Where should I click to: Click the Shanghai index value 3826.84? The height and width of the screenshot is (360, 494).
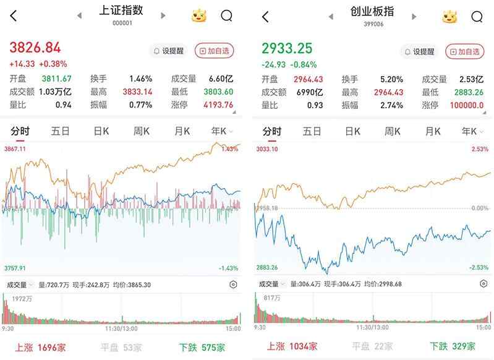click(x=35, y=48)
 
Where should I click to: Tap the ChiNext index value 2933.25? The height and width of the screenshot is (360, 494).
click(x=287, y=48)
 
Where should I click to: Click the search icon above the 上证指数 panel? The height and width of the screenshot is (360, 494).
click(x=227, y=16)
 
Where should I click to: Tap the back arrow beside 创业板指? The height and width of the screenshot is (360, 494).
click(x=265, y=17)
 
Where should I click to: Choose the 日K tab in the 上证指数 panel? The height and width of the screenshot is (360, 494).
click(x=101, y=131)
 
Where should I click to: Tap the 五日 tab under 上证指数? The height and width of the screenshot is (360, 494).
click(x=61, y=131)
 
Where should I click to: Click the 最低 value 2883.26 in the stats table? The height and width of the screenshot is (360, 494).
click(x=469, y=92)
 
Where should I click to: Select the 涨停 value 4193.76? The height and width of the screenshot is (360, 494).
click(x=218, y=105)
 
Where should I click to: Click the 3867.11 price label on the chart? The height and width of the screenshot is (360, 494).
click(x=15, y=149)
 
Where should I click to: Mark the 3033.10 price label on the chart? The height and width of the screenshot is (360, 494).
click(x=267, y=149)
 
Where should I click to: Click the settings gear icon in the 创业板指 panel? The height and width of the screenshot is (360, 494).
click(x=483, y=284)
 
